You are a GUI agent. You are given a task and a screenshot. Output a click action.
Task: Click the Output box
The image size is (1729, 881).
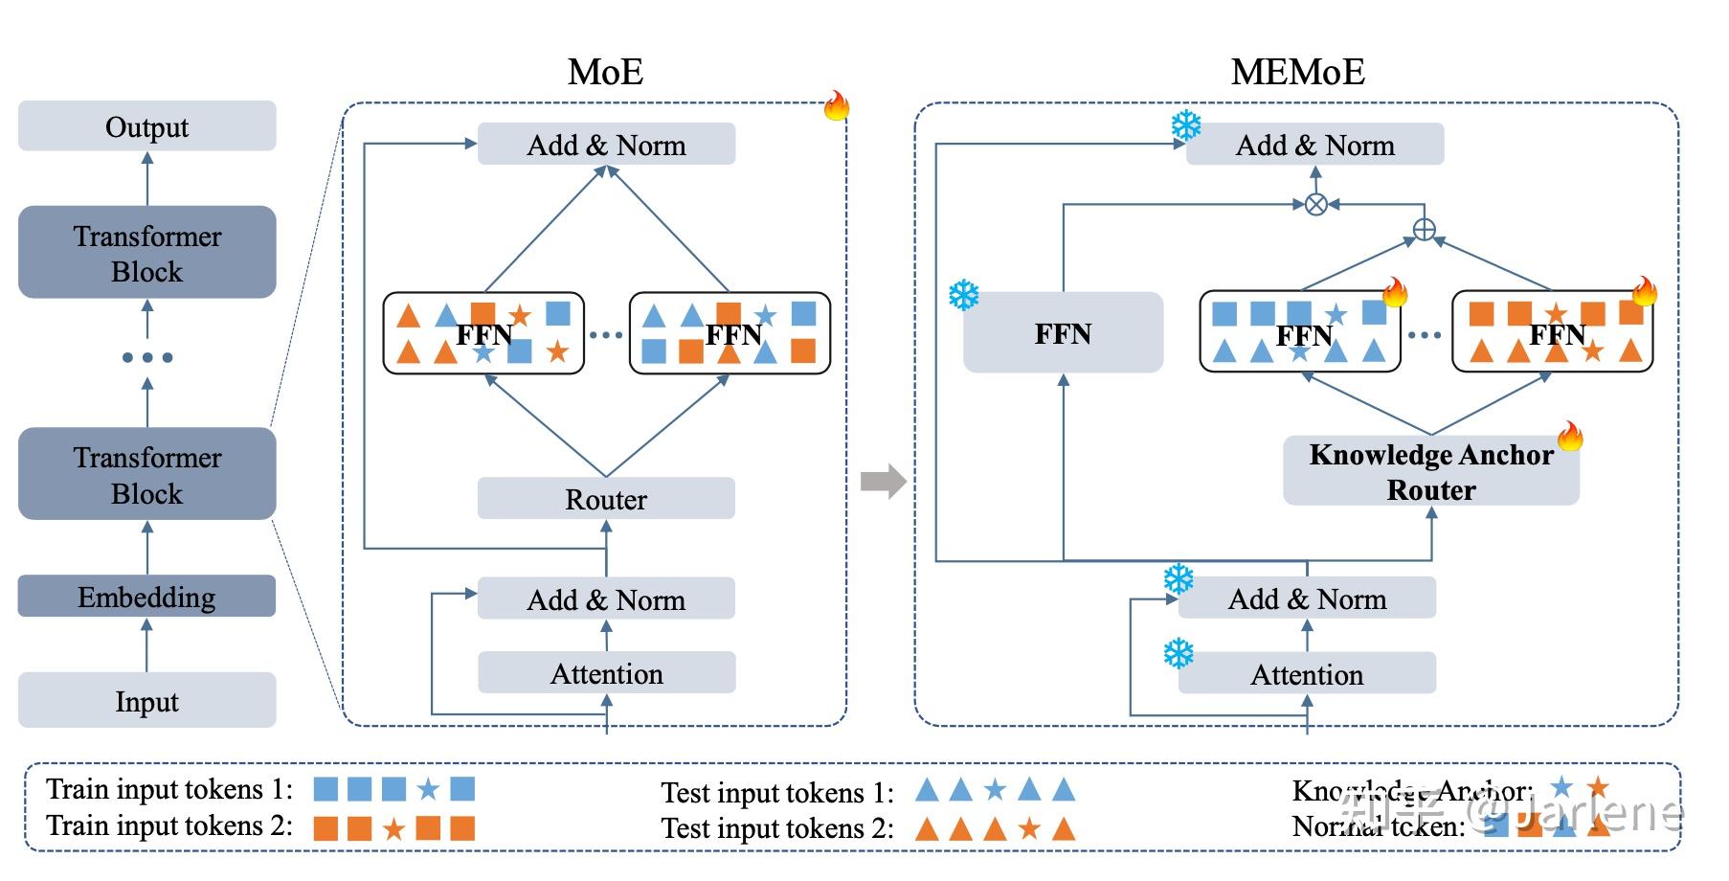(x=146, y=126)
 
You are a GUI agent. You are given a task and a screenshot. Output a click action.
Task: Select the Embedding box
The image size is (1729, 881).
(x=146, y=597)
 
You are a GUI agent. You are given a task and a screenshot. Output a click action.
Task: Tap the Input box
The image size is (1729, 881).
(x=146, y=701)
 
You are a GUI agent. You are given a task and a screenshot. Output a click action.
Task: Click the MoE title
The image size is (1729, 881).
(x=605, y=72)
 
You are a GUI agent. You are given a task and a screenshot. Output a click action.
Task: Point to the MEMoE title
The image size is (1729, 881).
(x=1297, y=72)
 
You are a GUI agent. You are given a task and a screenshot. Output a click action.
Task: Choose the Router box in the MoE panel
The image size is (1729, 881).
(x=606, y=499)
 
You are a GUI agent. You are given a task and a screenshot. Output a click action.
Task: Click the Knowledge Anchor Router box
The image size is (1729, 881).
(x=1430, y=471)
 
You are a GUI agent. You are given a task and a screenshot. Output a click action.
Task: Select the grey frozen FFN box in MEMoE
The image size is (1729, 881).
(x=1063, y=333)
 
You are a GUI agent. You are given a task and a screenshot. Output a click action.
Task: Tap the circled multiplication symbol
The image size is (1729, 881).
(x=1316, y=204)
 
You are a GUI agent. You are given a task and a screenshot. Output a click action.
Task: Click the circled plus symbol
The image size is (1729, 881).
(x=1425, y=230)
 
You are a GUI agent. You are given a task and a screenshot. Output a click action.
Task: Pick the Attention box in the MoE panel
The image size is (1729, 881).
(x=606, y=673)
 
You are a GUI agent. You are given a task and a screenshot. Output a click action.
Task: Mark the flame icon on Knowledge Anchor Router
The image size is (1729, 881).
(x=1570, y=437)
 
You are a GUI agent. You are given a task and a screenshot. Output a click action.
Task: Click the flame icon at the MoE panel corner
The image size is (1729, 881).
(x=837, y=106)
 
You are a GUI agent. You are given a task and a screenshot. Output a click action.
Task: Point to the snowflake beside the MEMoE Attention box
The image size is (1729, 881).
(x=1179, y=654)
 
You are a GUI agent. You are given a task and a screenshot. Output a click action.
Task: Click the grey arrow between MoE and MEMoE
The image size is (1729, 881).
(x=883, y=481)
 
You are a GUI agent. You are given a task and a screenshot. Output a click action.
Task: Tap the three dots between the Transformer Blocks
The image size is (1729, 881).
(x=146, y=357)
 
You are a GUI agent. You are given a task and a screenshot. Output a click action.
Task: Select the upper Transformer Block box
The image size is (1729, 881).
(x=146, y=253)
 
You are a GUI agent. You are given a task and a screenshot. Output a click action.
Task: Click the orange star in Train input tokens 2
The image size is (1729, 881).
(x=393, y=828)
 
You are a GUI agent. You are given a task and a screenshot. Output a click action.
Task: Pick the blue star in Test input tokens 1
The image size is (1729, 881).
(x=996, y=790)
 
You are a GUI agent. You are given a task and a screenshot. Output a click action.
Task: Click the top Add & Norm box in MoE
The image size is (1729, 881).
(x=606, y=145)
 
